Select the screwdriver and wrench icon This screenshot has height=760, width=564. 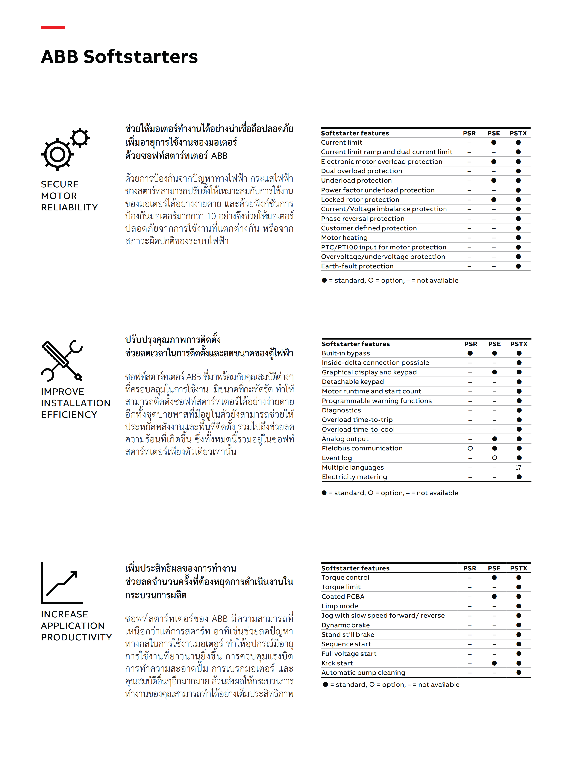62,360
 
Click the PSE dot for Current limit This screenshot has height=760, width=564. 494,143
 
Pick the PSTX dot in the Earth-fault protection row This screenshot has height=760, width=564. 518,266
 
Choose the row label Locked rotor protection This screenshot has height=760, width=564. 360,200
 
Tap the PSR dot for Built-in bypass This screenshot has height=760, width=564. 470,353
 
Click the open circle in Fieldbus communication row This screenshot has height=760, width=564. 470,448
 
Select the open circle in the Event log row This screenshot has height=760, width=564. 495,458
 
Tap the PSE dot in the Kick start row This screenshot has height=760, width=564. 494,663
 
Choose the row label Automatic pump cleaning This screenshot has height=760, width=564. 363,673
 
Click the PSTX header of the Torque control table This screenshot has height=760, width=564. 519,568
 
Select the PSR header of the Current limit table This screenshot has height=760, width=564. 469,133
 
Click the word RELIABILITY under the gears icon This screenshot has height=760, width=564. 69,208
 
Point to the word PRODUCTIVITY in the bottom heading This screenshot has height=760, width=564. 76,637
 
